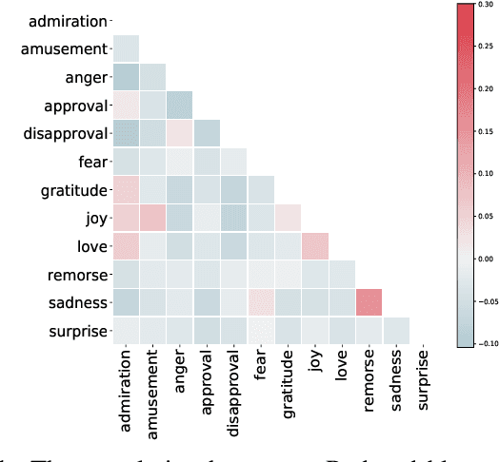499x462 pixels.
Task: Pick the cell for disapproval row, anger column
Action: point(180,133)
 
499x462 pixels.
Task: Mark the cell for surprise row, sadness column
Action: point(397,331)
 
